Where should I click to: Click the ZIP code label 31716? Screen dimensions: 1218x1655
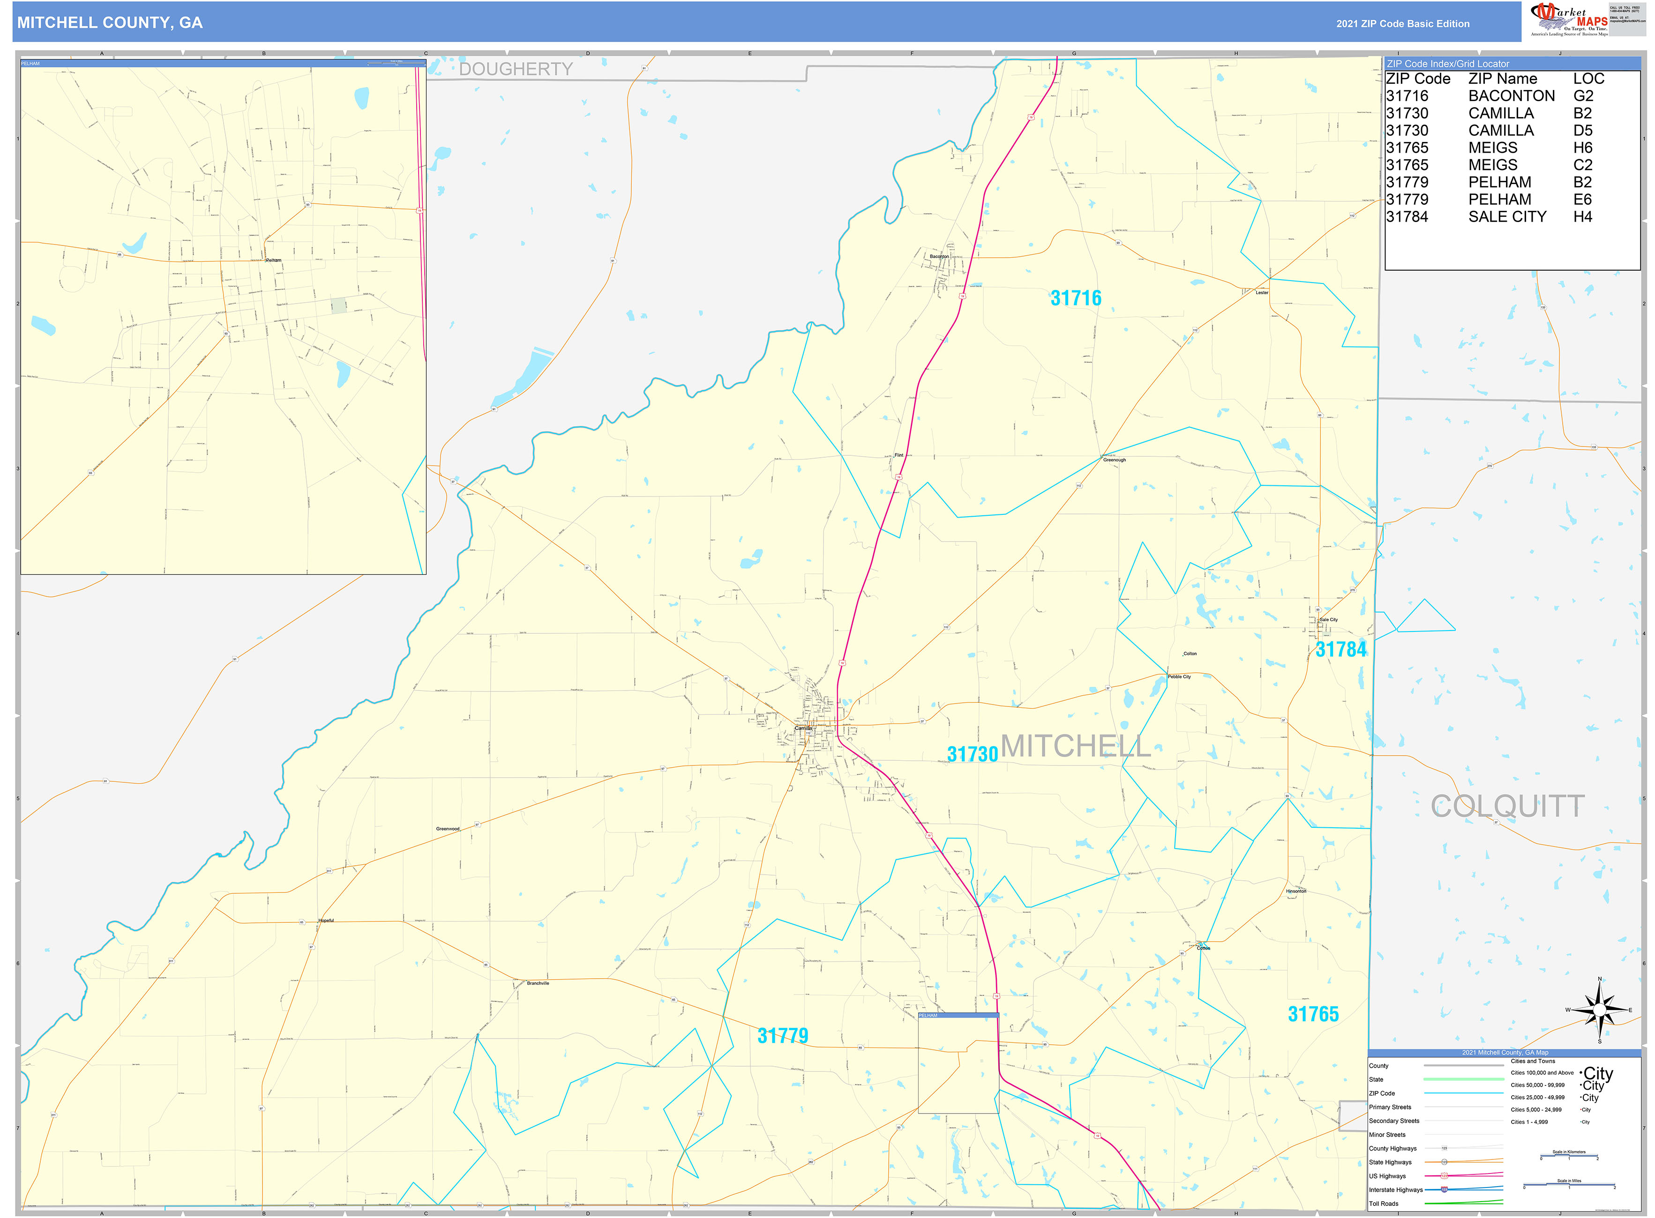click(1075, 298)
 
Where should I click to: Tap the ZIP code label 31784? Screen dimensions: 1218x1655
click(1340, 650)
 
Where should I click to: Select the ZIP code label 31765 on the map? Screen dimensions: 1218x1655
click(1313, 1014)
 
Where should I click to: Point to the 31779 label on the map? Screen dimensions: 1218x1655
click(783, 1036)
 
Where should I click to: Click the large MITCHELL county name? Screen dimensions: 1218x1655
click(1075, 746)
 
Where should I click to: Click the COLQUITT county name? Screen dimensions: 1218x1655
click(1507, 806)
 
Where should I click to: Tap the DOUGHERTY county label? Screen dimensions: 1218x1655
click(516, 69)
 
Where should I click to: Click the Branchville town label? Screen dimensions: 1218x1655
click(538, 983)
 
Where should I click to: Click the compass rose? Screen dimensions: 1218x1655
click(1599, 1010)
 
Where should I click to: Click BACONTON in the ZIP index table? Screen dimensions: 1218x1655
click(1511, 97)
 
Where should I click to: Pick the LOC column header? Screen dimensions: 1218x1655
click(1588, 79)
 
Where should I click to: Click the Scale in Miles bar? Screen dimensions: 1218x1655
click(1569, 1185)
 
